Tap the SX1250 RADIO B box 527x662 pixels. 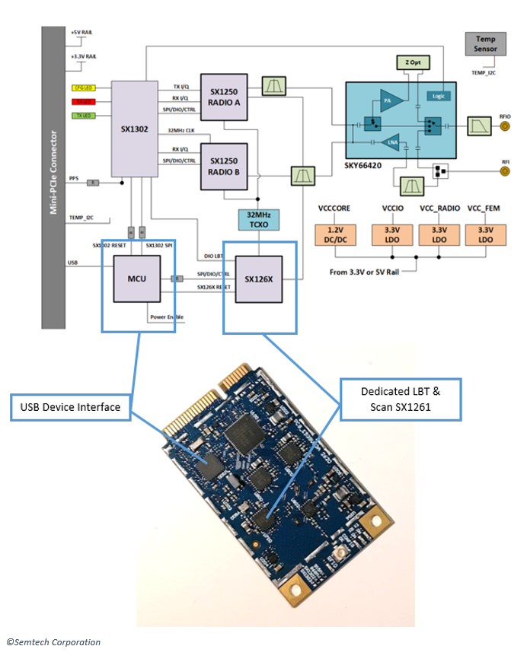pyautogui.click(x=224, y=165)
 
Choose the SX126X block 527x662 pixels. pyautogui.click(x=260, y=278)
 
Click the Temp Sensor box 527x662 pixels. pyautogui.click(x=485, y=43)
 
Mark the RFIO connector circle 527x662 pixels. pyautogui.click(x=504, y=126)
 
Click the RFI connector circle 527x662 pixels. pyautogui.click(x=504, y=171)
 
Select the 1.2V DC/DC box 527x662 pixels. pyautogui.click(x=333, y=234)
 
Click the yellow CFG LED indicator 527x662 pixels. pyautogui.click(x=82, y=88)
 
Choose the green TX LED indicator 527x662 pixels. pyautogui.click(x=82, y=116)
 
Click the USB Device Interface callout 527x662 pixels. pyautogui.click(x=70, y=407)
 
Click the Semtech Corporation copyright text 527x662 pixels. pyautogui.click(x=54, y=642)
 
